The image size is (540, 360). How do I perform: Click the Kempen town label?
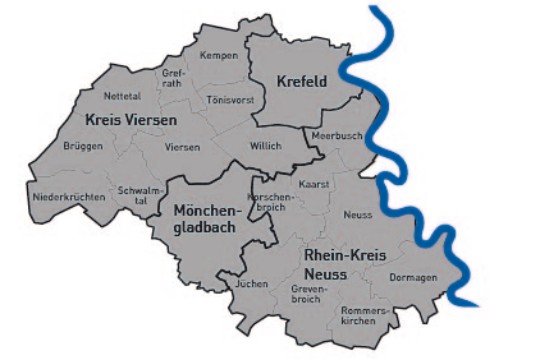218,55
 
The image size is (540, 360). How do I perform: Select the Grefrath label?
172,78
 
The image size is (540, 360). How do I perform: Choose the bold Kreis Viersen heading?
131,120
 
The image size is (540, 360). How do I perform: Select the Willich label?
266,146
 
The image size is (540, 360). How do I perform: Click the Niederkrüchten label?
68,197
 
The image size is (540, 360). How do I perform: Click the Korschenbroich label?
276,202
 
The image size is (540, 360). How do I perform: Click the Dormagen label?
412,277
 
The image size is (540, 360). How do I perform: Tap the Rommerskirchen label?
363,317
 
